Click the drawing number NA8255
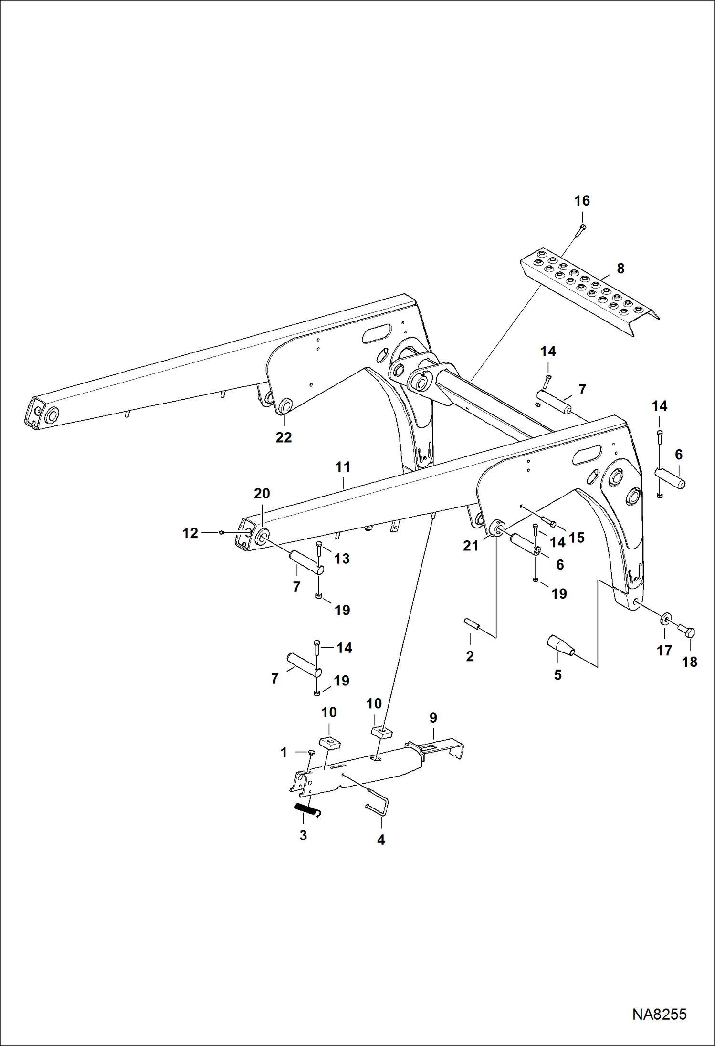[659, 1014]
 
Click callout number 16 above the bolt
[581, 201]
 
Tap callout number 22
[284, 437]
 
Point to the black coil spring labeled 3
[306, 809]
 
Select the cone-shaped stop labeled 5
[560, 646]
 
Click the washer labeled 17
[665, 620]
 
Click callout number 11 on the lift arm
[343, 467]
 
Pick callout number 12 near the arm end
[190, 533]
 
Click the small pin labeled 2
[471, 623]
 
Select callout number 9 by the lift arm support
[433, 718]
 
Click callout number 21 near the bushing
[471, 546]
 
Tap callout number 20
[262, 494]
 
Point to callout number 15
[577, 538]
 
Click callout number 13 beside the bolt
[342, 559]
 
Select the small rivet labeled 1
[310, 752]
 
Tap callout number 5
[557, 675]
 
